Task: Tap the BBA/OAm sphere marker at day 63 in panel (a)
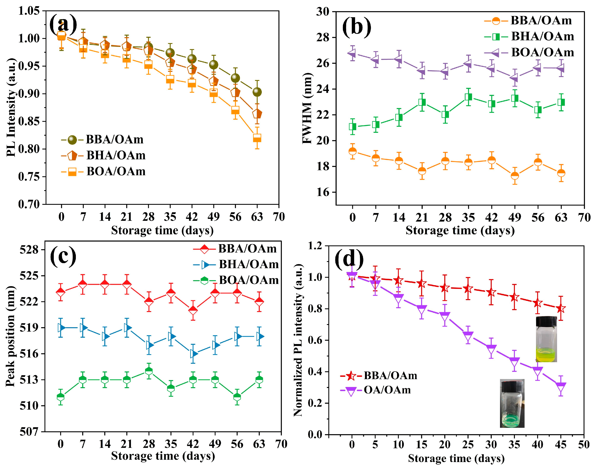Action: click(257, 92)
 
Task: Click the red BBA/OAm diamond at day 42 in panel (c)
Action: click(193, 310)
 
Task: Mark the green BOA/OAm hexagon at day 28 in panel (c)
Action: click(149, 371)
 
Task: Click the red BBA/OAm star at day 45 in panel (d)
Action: click(561, 308)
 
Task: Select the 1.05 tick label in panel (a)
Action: click(29, 11)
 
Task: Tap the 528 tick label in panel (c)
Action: click(29, 250)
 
